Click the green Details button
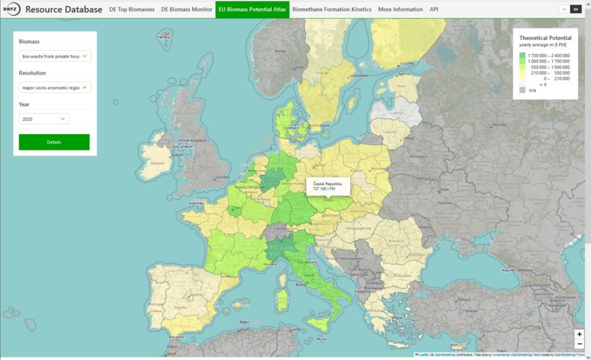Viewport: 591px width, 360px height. point(54,142)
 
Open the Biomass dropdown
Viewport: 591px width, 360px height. point(55,56)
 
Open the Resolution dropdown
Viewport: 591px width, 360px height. point(55,87)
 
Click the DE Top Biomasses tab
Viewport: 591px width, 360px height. point(131,10)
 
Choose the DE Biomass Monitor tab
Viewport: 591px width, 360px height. point(186,10)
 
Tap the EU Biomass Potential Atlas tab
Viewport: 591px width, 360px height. point(252,10)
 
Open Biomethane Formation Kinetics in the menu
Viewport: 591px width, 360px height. point(332,10)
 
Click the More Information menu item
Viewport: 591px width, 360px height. point(400,10)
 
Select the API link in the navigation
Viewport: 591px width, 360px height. point(433,10)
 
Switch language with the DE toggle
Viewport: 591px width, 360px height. point(563,9)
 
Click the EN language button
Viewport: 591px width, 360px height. point(575,9)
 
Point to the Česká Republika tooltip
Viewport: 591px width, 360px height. point(328,186)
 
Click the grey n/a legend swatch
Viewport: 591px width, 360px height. point(522,90)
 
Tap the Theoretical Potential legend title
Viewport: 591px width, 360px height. point(546,38)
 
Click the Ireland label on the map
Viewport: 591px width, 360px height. point(157,163)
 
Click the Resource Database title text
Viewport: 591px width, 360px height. point(64,10)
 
